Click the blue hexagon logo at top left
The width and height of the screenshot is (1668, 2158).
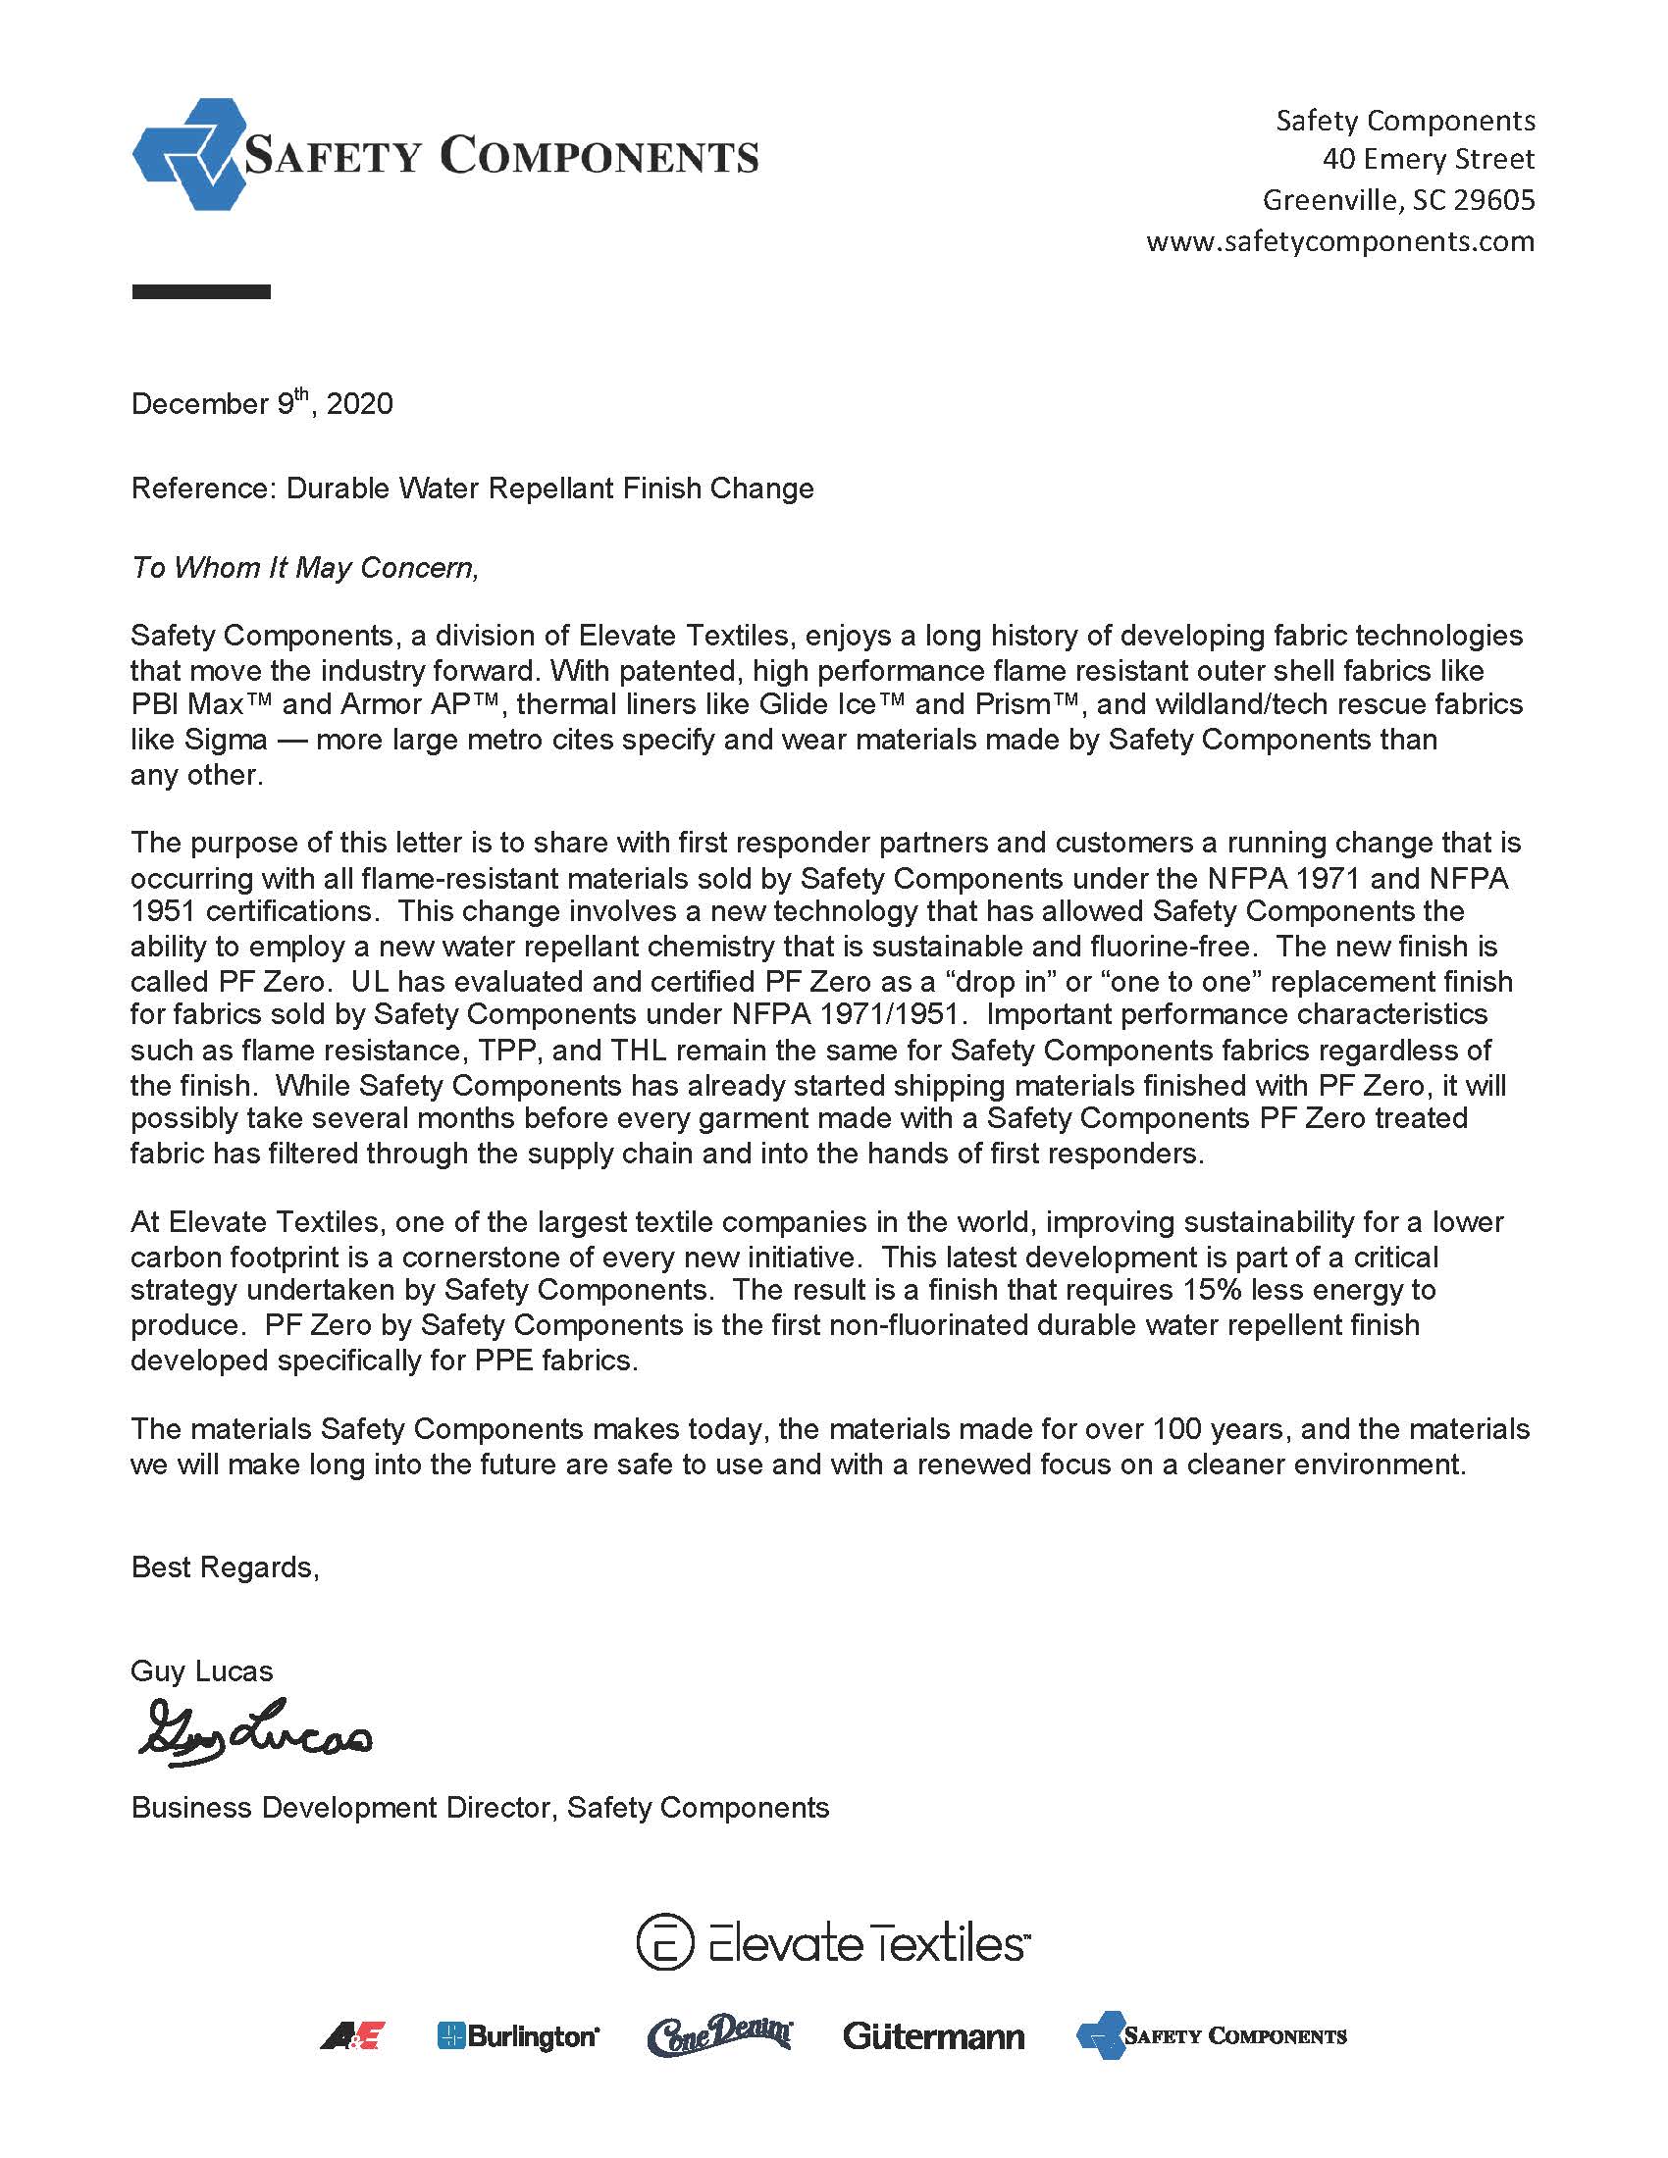point(187,154)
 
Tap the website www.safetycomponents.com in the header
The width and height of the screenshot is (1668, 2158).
point(1339,242)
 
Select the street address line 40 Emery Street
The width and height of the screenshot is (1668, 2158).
point(1428,159)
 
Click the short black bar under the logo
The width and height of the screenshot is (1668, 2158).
point(200,291)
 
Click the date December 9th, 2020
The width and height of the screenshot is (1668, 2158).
point(262,404)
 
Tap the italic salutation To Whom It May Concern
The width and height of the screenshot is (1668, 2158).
point(304,568)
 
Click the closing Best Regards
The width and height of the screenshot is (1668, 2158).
point(225,1567)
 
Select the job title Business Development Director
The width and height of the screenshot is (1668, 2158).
point(341,1807)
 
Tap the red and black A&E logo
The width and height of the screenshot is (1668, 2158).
point(352,2036)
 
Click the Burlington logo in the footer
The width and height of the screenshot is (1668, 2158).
point(518,2036)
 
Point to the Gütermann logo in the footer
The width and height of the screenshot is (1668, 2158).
point(933,2036)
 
